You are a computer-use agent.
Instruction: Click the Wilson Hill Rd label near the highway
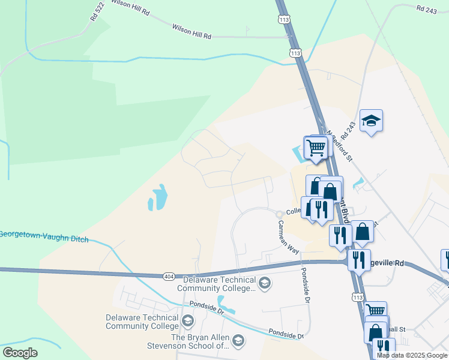191,31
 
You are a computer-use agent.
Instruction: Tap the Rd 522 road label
97,13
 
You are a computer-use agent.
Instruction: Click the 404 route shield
169,276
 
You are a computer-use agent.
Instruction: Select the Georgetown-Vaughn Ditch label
43,236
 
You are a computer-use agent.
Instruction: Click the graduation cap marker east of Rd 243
371,121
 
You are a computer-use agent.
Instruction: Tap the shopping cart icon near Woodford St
316,146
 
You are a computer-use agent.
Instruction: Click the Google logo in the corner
20,353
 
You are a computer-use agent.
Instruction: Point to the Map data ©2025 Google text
412,355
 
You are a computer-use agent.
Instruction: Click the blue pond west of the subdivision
158,198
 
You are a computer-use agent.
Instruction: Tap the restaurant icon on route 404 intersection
358,260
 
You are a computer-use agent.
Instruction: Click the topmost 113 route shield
284,20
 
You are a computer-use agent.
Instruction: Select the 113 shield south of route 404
358,298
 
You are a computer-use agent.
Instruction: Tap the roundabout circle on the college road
279,214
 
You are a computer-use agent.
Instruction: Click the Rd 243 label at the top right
426,9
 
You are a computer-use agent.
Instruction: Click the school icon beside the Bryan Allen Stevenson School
238,341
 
